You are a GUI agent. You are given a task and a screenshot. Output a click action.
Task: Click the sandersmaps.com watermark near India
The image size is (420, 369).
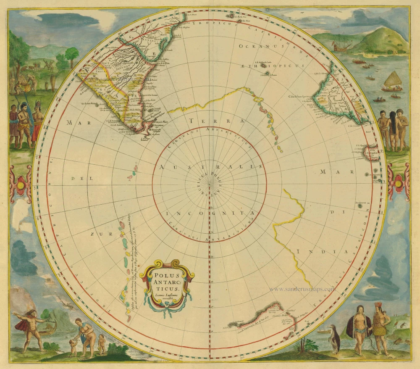click(x=302, y=289)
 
